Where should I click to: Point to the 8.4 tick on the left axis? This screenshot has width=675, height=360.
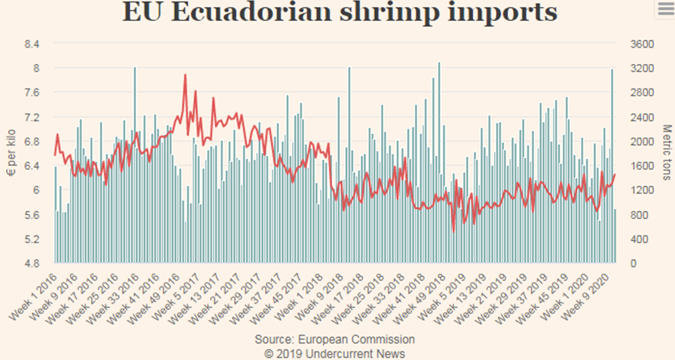click(x=32, y=44)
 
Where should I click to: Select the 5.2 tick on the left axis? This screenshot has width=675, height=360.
click(x=32, y=239)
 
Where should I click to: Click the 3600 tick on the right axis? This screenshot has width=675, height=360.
click(x=641, y=44)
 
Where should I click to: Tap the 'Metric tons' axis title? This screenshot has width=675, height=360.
click(x=665, y=153)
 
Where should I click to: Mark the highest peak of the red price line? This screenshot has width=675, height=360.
click(x=185, y=75)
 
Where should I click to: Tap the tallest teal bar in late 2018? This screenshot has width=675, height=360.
click(x=439, y=63)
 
